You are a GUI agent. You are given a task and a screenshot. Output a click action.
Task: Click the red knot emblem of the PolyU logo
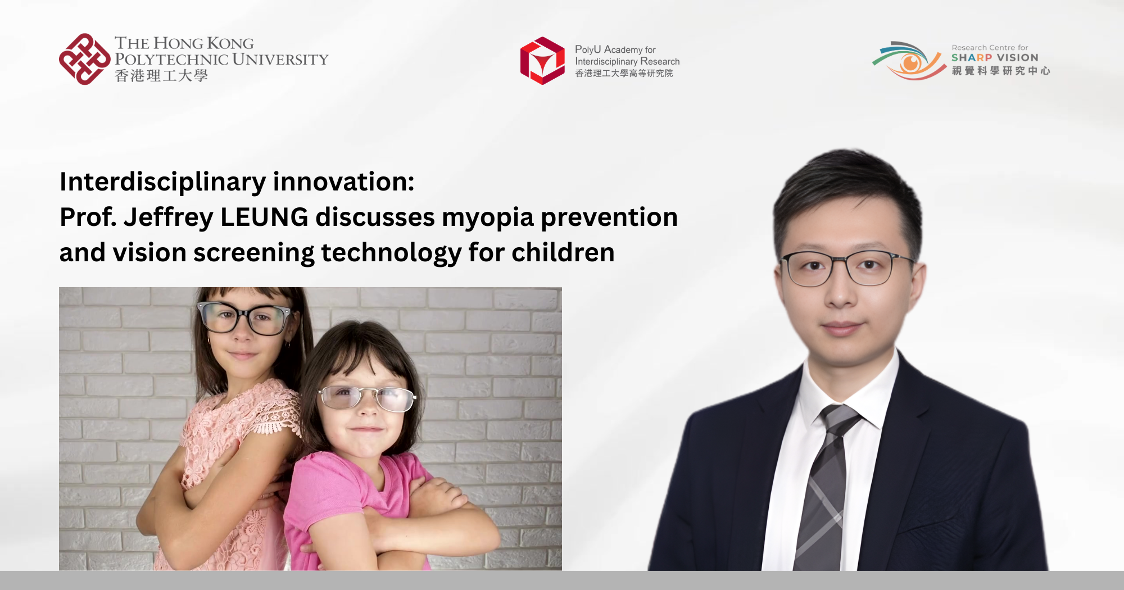tap(84, 59)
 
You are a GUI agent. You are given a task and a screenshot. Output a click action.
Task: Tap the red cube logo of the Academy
tap(542, 61)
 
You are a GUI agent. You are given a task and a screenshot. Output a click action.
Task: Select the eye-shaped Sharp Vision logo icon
tap(909, 61)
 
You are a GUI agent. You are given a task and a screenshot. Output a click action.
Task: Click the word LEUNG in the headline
tap(264, 217)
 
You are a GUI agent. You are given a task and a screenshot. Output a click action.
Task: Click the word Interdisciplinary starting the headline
tap(163, 182)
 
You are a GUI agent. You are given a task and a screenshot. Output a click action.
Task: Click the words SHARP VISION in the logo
tap(995, 57)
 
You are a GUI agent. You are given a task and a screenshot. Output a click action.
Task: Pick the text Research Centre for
tap(990, 48)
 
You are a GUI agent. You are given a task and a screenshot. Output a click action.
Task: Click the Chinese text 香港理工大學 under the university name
tap(161, 76)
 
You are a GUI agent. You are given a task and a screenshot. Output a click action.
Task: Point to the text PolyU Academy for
tap(615, 49)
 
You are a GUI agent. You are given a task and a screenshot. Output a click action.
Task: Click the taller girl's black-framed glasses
tap(244, 317)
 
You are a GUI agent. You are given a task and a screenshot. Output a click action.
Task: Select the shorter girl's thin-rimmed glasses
tap(366, 398)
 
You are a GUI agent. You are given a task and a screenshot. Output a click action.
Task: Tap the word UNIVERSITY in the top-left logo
tap(280, 60)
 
